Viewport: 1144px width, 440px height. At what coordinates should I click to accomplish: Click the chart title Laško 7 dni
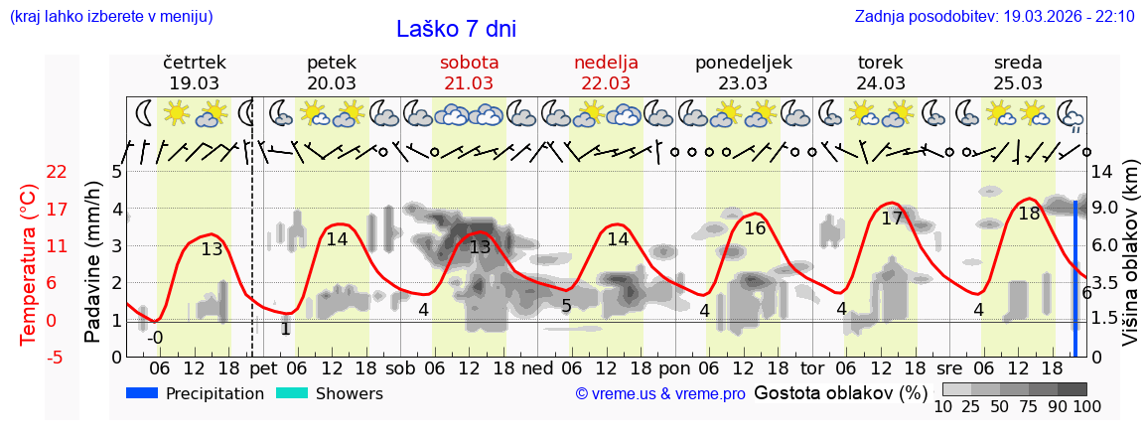(456, 29)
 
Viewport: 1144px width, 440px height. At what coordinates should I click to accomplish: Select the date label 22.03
(606, 83)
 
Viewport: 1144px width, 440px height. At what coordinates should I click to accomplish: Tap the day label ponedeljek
(743, 62)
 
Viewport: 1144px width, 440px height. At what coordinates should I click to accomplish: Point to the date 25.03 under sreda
(1018, 83)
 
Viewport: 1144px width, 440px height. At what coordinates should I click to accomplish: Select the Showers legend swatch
(292, 393)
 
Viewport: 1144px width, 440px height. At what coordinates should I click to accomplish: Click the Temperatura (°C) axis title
(29, 264)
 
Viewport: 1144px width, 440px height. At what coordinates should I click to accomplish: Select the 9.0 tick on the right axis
(1106, 209)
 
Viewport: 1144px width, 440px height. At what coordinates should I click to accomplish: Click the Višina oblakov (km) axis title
(1130, 264)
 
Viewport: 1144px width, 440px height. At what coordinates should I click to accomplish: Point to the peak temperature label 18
(1029, 213)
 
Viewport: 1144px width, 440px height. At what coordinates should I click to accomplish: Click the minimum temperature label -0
(155, 338)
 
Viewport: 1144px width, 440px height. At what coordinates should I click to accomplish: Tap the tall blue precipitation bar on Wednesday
(1074, 278)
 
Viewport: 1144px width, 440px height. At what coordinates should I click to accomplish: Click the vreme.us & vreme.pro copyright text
(660, 394)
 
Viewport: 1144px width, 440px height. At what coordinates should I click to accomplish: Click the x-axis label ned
(537, 367)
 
